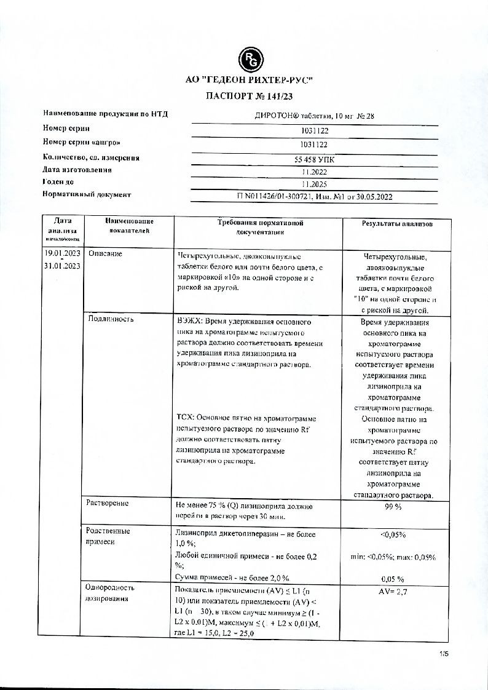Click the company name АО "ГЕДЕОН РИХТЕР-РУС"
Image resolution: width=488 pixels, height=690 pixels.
coord(250,81)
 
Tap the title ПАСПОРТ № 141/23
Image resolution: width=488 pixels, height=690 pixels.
coord(250,97)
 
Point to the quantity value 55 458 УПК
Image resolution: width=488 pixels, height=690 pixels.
coord(315,159)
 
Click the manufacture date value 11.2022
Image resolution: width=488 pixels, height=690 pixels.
coord(315,172)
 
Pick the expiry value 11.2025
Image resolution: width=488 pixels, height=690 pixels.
coord(315,184)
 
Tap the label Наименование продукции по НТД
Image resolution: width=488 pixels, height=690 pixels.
coord(105,114)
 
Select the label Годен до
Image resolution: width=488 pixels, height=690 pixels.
coord(58,182)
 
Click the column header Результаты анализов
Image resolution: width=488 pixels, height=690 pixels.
coord(397,224)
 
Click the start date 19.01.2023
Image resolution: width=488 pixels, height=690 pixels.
coord(62,253)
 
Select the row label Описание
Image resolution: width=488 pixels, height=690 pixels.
coord(105,253)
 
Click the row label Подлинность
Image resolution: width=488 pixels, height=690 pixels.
coord(111,319)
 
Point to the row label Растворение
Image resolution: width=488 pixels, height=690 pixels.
coord(108,503)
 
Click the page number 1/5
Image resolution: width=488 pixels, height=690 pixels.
coord(444,655)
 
